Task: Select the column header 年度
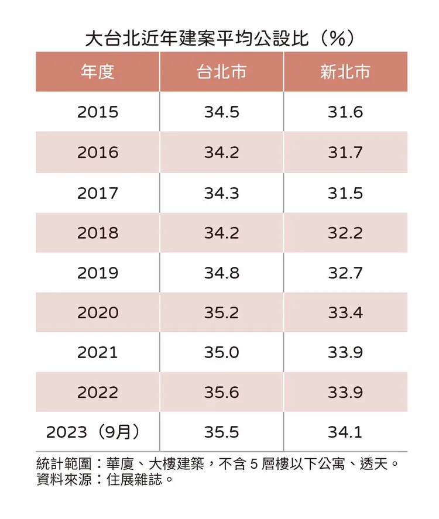(97, 72)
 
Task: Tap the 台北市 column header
(221, 72)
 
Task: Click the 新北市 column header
(345, 72)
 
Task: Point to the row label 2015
(97, 112)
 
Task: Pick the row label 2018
(97, 233)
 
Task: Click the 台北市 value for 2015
(221, 112)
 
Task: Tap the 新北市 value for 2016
(345, 153)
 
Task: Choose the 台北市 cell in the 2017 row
(221, 193)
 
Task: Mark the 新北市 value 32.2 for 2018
(345, 233)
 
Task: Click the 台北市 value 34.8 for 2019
(221, 273)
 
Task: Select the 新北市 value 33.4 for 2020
(345, 312)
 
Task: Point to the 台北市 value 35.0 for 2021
(221, 352)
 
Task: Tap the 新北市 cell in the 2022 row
(345, 392)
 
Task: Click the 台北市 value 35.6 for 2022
(221, 392)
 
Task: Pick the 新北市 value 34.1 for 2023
(345, 432)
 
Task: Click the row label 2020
(97, 312)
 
